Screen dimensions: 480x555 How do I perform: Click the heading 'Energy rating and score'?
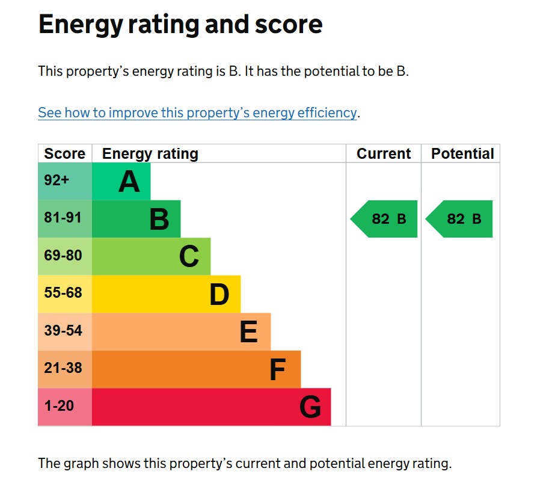[180, 25]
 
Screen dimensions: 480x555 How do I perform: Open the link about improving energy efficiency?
[197, 112]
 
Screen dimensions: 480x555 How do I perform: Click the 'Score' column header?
[64, 154]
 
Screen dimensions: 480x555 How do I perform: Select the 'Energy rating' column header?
[150, 154]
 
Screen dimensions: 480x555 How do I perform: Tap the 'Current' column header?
[384, 154]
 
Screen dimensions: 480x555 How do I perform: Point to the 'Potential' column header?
[462, 154]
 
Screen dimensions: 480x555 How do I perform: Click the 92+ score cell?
[57, 180]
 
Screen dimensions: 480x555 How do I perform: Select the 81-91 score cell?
[63, 218]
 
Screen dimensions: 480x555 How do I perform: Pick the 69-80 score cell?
[63, 256]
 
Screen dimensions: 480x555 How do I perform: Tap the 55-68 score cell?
[63, 294]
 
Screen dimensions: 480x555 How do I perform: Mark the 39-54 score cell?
[63, 331]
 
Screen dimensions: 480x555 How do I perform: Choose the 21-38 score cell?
[63, 368]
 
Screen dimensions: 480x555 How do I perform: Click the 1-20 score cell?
[59, 406]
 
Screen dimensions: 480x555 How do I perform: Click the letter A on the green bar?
[129, 182]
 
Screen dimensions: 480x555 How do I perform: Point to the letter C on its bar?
[189, 257]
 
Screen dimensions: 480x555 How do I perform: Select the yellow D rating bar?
[166, 294]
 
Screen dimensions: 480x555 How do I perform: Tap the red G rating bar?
[210, 407]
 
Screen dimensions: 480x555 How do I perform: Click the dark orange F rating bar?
[195, 369]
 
